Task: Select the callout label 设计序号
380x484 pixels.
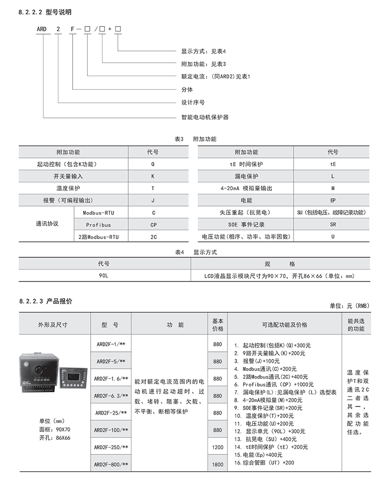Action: [x=193, y=102]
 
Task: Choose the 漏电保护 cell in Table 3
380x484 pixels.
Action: [x=245, y=176]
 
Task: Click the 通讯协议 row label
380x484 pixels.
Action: [x=47, y=224]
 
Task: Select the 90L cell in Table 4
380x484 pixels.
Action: [x=104, y=276]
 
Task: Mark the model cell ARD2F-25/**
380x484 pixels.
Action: [x=110, y=413]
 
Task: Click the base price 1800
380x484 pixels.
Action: [x=218, y=464]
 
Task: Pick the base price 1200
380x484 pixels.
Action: [x=218, y=447]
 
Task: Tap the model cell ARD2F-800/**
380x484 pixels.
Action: [x=110, y=464]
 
